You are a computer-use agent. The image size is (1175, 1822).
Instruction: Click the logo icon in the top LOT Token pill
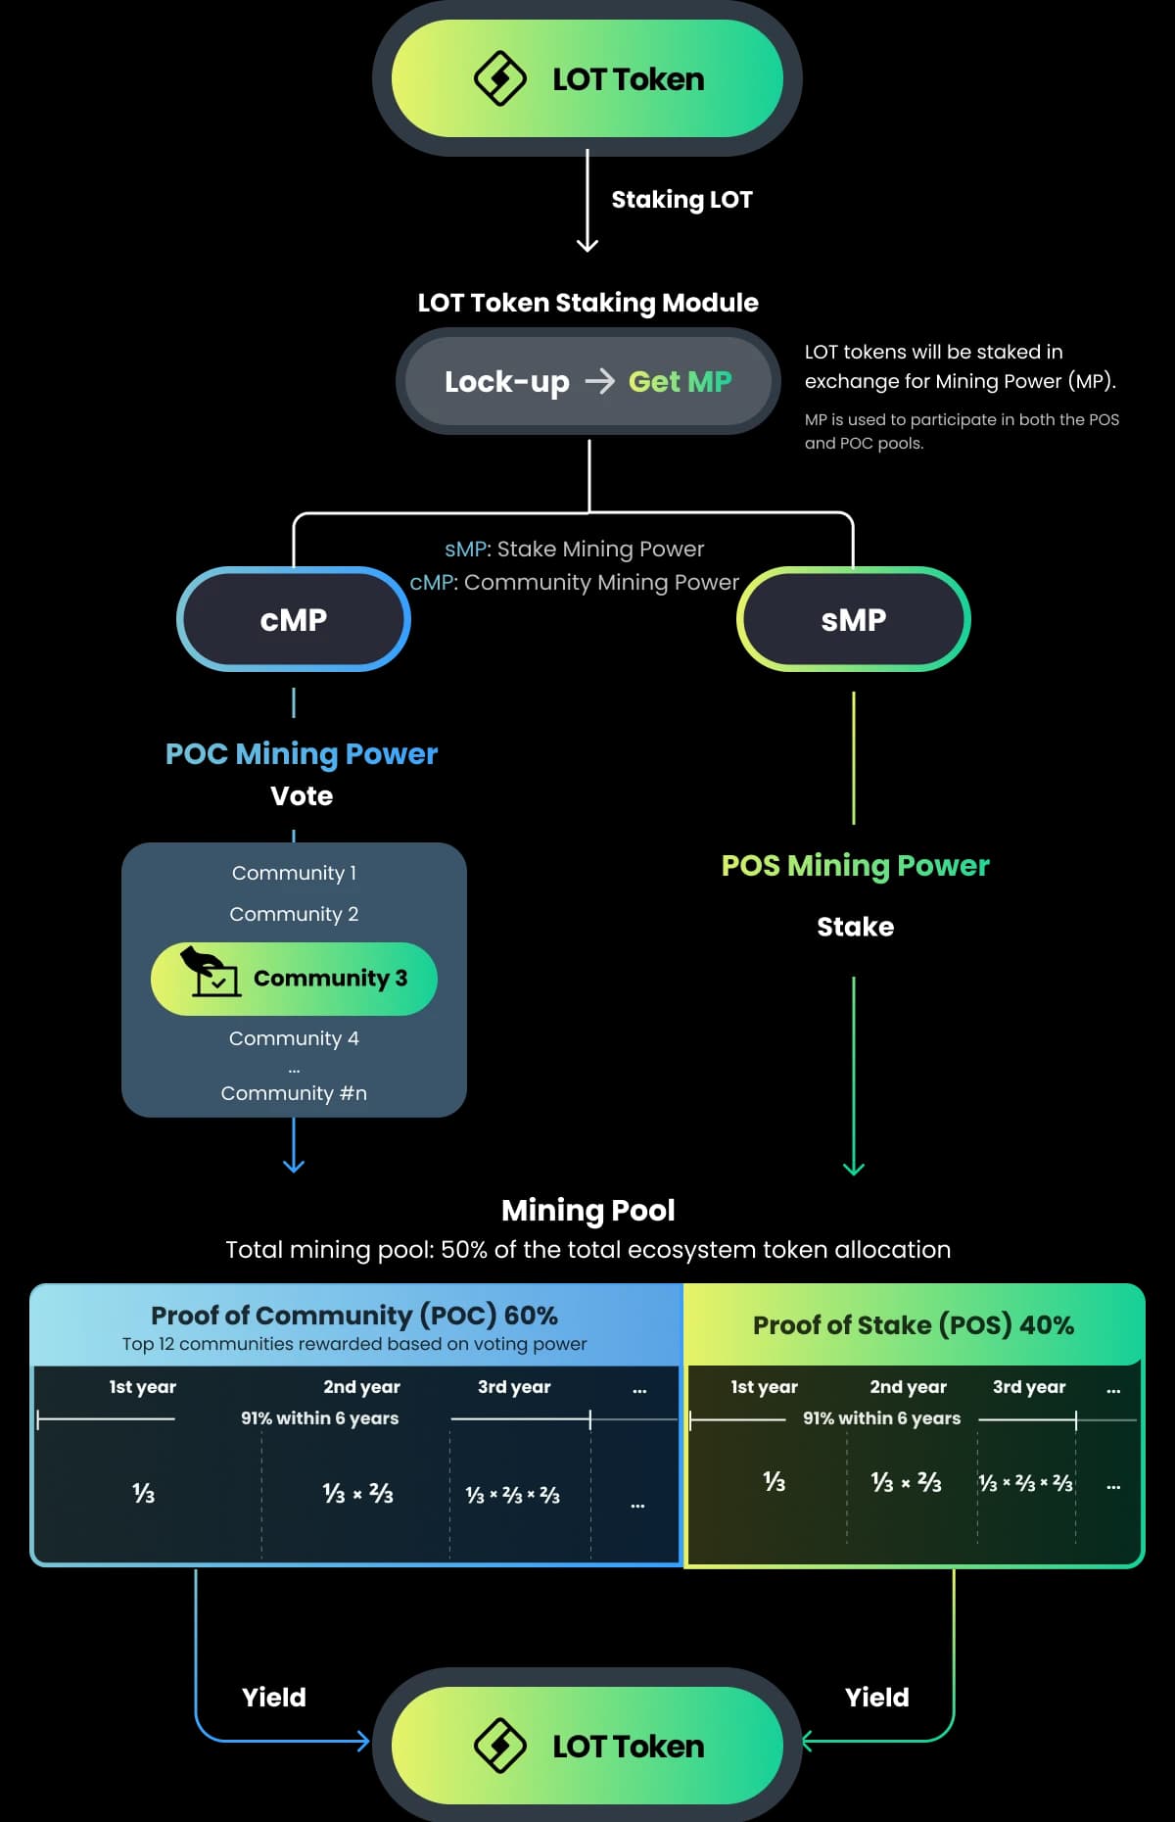500,78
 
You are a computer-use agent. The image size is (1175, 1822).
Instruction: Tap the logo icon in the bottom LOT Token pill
500,1746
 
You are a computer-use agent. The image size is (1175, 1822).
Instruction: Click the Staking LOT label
681,200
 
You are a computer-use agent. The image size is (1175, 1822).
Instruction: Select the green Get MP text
680,381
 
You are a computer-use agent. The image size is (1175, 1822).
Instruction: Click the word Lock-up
506,381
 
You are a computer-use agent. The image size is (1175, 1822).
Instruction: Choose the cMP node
294,619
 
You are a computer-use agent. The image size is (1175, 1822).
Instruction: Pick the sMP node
853,619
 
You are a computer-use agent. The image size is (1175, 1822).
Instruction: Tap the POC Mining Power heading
302,753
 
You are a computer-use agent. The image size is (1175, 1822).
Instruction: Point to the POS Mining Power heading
855,865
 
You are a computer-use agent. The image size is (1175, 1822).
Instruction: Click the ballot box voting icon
211,972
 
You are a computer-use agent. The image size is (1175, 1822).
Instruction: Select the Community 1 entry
294,873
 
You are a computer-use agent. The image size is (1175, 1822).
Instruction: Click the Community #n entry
294,1093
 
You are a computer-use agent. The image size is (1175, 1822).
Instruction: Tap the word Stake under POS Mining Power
855,927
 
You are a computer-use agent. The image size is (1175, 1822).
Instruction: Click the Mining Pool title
587,1210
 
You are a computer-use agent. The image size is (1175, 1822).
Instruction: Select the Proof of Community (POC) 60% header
354,1315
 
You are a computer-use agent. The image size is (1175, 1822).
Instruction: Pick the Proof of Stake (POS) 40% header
913,1325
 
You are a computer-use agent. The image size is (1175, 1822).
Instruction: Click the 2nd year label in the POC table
361,1387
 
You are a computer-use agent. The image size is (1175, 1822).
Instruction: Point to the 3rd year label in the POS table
1028,1387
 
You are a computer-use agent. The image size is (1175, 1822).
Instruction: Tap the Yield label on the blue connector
274,1698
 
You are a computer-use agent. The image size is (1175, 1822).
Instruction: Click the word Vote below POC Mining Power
302,795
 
